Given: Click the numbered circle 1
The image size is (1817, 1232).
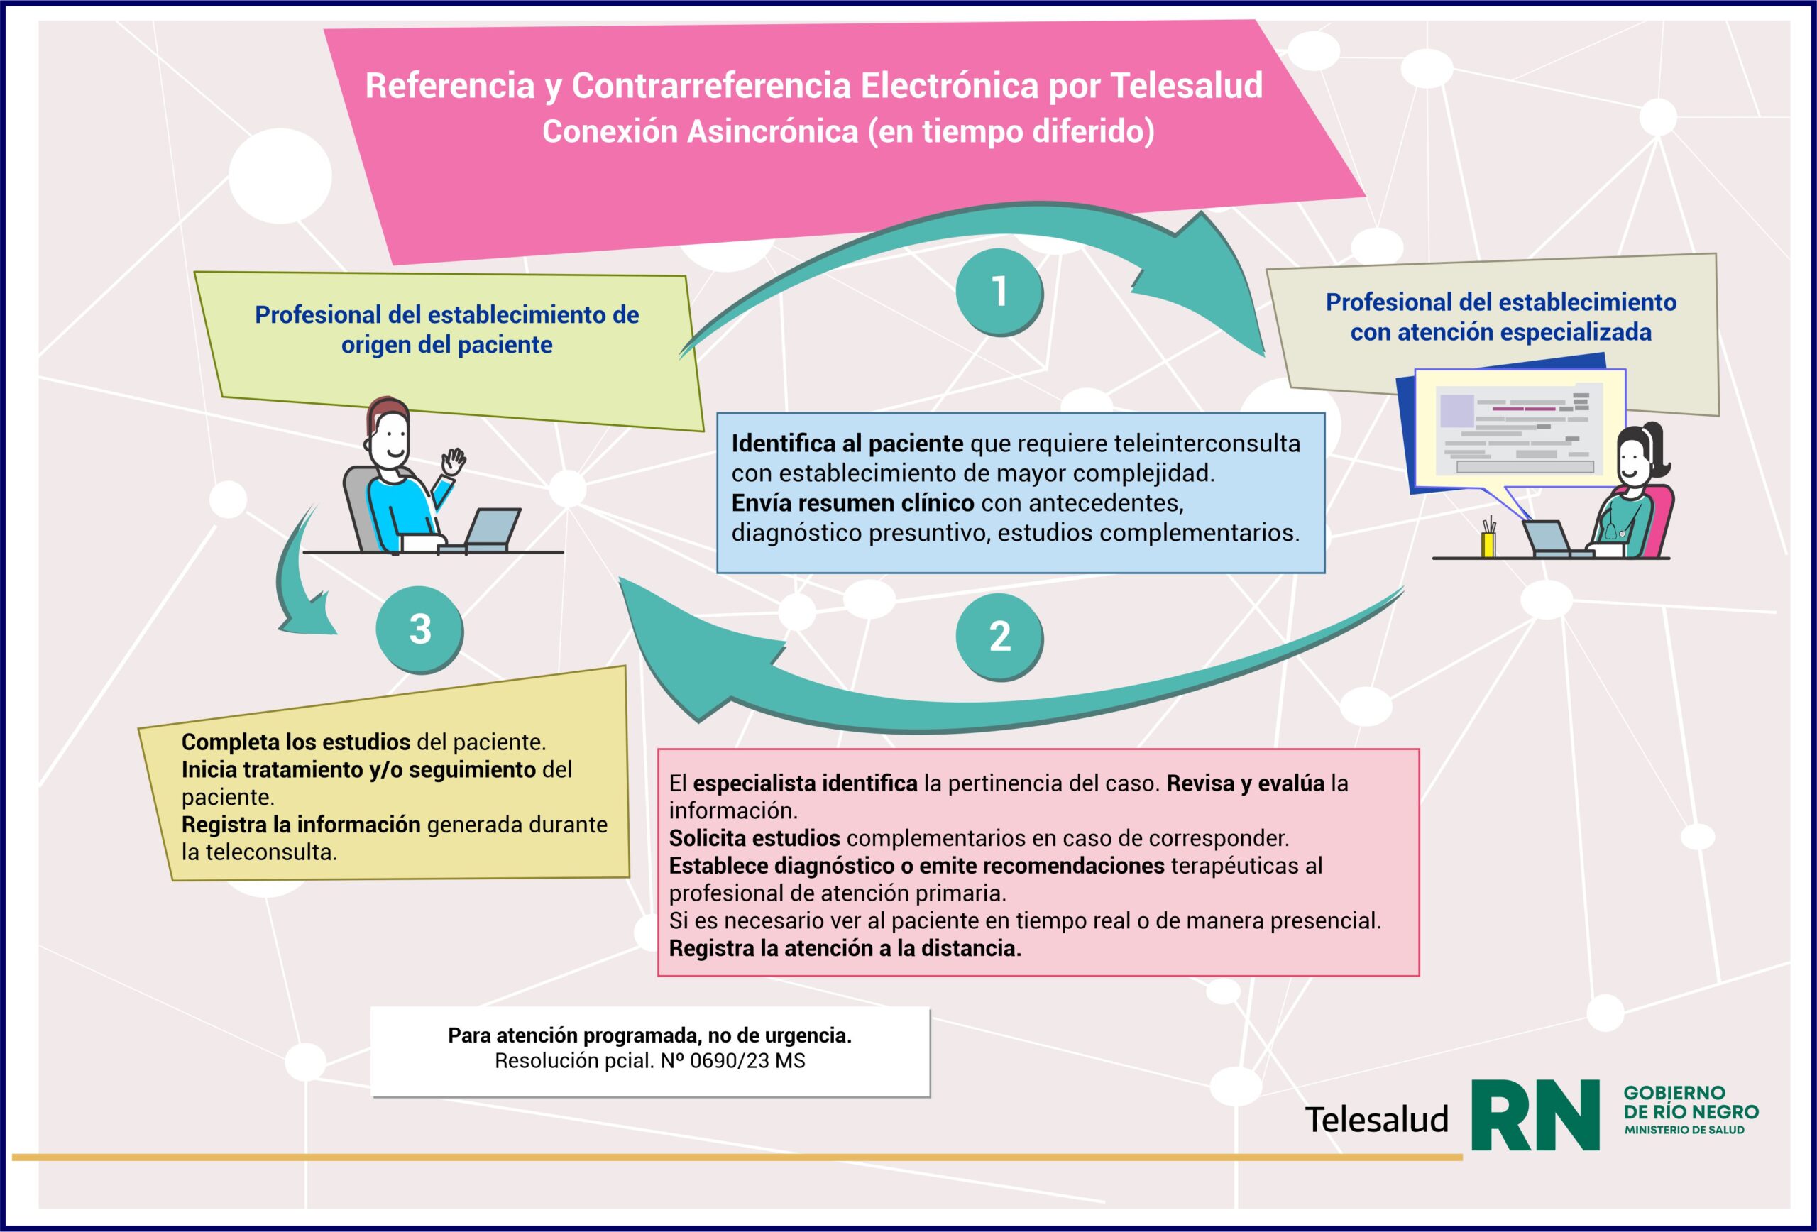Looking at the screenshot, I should pyautogui.click(x=999, y=292).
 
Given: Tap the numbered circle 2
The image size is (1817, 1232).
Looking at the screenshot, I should pyautogui.click(x=999, y=637).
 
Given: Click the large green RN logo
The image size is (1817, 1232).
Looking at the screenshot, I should pyautogui.click(x=1534, y=1116).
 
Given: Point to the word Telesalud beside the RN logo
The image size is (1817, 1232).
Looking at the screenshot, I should pyautogui.click(x=1376, y=1119).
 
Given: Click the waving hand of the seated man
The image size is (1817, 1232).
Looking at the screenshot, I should pyautogui.click(x=454, y=461).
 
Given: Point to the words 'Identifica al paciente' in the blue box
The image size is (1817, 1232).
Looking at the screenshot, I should pyautogui.click(x=847, y=444).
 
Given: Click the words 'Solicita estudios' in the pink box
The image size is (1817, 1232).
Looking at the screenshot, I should pyautogui.click(x=754, y=838).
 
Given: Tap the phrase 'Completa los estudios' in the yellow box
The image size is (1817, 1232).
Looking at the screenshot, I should pyautogui.click(x=295, y=742).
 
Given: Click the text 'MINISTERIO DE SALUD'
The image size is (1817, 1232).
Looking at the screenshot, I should pyautogui.click(x=1684, y=1131).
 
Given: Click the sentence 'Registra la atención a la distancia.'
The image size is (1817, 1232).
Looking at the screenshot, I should pyautogui.click(x=845, y=948).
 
